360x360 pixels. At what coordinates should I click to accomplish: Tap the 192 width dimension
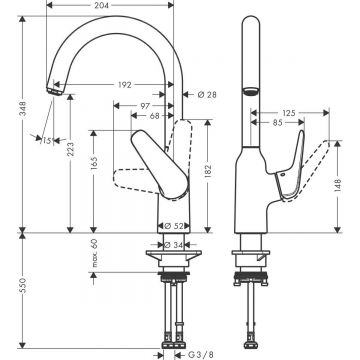click(x=123, y=86)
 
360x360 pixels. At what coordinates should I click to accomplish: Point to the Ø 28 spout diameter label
click(x=208, y=96)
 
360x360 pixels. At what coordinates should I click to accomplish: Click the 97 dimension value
click(x=145, y=106)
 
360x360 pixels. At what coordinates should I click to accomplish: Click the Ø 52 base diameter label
click(x=171, y=226)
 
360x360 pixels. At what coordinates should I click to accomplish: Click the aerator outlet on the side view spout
click(x=250, y=91)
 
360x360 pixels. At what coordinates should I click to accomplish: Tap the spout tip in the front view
click(x=51, y=91)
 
